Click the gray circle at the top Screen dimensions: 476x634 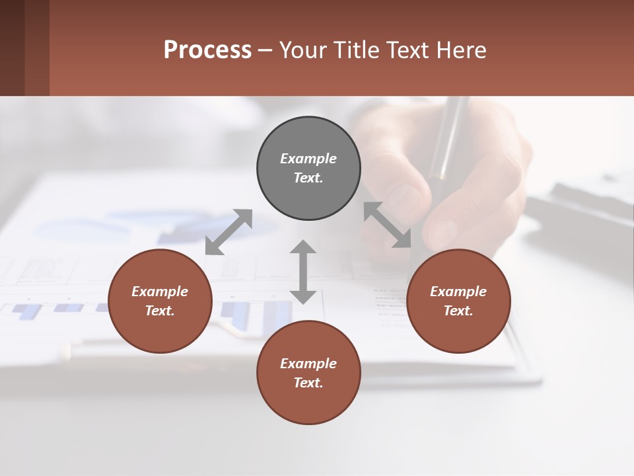pyautogui.click(x=308, y=168)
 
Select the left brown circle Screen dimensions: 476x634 pyautogui.click(x=160, y=301)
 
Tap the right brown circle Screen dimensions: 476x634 pyautogui.click(x=458, y=301)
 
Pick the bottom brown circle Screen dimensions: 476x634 pyautogui.click(x=308, y=373)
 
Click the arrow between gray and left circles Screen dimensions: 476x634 pyautogui.click(x=229, y=232)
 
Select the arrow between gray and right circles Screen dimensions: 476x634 pyautogui.click(x=388, y=225)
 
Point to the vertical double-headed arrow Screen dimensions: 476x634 pyautogui.click(x=303, y=272)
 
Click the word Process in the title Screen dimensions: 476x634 pyautogui.click(x=207, y=50)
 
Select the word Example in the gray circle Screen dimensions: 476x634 pyautogui.click(x=308, y=159)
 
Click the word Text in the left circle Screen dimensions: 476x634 pyautogui.click(x=159, y=311)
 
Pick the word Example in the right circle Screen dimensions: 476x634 pyautogui.click(x=458, y=292)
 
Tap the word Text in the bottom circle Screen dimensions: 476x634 pyautogui.click(x=308, y=383)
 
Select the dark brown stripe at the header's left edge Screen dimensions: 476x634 pyautogui.click(x=12, y=48)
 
